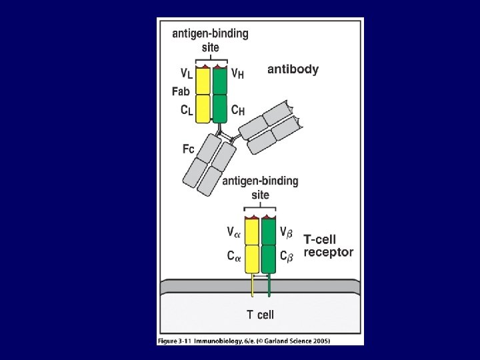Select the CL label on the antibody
pyautogui.click(x=187, y=110)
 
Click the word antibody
pyautogui.click(x=293, y=69)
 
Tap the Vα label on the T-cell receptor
pyautogui.click(x=233, y=232)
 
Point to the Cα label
pyautogui.click(x=233, y=255)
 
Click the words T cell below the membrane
pyautogui.click(x=260, y=314)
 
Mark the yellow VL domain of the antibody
pyautogui.click(x=203, y=81)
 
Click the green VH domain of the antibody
pyautogui.click(x=219, y=81)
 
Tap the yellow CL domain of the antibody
pyautogui.click(x=203, y=108)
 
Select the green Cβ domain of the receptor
pyautogui.click(x=269, y=259)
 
